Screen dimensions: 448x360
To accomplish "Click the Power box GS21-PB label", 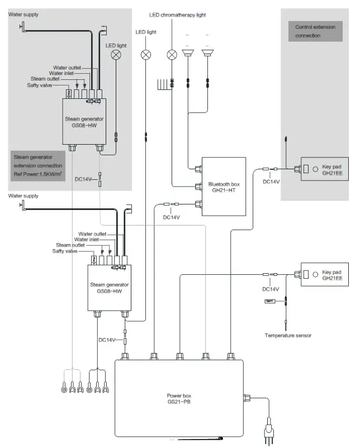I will click(179, 398).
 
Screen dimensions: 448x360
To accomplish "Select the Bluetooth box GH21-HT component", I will click(223, 186).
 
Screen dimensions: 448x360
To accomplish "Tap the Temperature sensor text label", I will click(288, 336).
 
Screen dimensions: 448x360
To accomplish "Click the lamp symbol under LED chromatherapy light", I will click(172, 54).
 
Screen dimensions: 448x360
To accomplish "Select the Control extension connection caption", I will click(316, 31).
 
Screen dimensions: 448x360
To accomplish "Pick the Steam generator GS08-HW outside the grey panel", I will click(110, 287).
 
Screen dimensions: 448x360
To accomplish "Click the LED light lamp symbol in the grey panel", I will click(117, 54).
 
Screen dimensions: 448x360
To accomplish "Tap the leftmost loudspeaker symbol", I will click(188, 54).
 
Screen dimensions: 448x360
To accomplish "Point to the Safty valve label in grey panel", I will click(41, 85).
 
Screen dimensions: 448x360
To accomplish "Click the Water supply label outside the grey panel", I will click(23, 196).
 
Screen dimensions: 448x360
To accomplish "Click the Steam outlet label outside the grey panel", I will click(70, 245).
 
